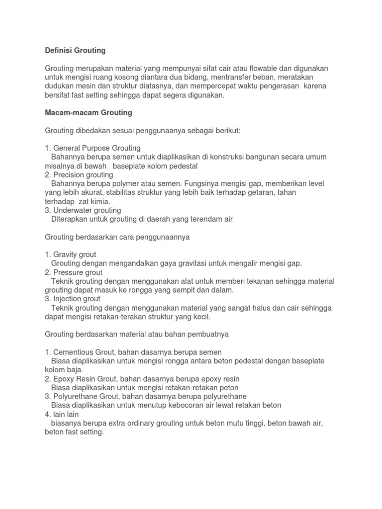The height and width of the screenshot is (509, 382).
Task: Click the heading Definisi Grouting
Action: coord(76,50)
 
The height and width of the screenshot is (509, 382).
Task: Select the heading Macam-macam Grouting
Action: coord(89,113)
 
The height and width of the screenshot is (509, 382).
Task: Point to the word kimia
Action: coord(98,202)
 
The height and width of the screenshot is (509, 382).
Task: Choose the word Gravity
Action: coord(67,254)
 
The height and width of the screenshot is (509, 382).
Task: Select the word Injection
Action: coord(68,299)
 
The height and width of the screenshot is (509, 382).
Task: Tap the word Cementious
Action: coord(75,352)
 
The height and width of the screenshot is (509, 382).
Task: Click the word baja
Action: coord(76,370)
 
